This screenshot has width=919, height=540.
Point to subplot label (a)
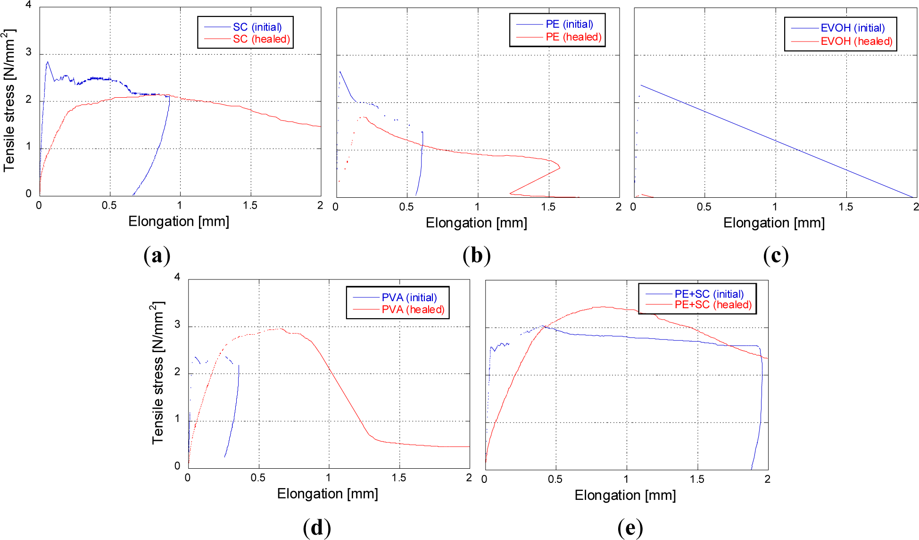point(157,255)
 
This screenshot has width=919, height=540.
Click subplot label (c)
point(776,255)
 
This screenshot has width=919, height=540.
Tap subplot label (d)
point(316,527)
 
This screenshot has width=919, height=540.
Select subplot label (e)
point(630,527)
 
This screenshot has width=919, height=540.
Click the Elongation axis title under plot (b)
point(476,223)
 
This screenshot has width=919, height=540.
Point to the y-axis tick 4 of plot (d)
point(177,277)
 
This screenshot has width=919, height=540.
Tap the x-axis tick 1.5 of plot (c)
point(845,207)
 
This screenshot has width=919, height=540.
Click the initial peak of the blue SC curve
point(47,62)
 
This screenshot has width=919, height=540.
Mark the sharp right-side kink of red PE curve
point(560,168)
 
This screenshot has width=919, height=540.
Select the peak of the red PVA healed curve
point(281,329)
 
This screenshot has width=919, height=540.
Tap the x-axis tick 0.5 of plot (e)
point(555,479)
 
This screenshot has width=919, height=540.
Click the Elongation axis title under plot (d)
point(327,494)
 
